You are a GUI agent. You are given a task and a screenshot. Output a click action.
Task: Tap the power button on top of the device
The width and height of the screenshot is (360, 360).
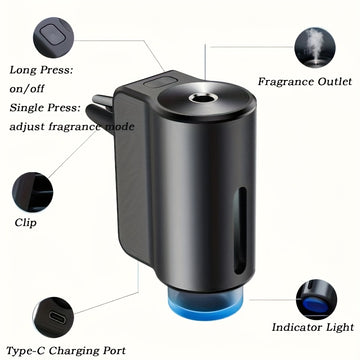pyautogui.click(x=160, y=82)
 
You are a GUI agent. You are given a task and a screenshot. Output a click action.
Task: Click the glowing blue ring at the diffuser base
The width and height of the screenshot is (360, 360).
pyautogui.click(x=206, y=307)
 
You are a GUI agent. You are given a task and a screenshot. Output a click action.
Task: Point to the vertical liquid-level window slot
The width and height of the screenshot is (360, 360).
pyautogui.click(x=240, y=231)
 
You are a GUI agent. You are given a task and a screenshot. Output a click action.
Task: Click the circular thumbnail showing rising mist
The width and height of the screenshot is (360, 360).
pyautogui.click(x=315, y=48)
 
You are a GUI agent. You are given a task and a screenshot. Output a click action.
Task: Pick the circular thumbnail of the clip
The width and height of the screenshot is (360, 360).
pyautogui.click(x=33, y=192)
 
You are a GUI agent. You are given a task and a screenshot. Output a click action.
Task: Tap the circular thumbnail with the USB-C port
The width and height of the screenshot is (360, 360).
pyautogui.click(x=53, y=317)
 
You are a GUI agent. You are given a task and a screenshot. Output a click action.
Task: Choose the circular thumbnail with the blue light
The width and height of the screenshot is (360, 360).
pyautogui.click(x=316, y=300)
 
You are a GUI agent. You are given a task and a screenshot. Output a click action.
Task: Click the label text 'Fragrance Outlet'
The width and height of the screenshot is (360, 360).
pyautogui.click(x=305, y=82)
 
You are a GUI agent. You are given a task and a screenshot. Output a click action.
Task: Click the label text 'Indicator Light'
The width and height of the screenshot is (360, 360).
pyautogui.click(x=313, y=327)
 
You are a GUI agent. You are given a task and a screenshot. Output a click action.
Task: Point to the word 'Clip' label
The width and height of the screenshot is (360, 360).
pyautogui.click(x=25, y=223)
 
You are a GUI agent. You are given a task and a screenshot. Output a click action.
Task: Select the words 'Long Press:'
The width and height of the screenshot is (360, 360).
pyautogui.click(x=41, y=71)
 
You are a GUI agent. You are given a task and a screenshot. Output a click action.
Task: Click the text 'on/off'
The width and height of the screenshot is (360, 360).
pyautogui.click(x=27, y=89)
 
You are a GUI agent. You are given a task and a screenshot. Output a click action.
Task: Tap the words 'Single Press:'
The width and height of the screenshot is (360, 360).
pyautogui.click(x=45, y=108)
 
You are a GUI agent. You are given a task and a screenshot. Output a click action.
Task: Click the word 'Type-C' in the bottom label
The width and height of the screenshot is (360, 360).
pyautogui.click(x=26, y=351)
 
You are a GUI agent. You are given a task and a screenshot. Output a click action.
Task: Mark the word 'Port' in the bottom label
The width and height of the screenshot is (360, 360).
pyautogui.click(x=114, y=351)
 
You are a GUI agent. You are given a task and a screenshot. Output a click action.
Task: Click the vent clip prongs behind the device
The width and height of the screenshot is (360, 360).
pyautogui.click(x=102, y=112)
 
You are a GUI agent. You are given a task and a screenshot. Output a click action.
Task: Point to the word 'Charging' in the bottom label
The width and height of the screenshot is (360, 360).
pyautogui.click(x=73, y=351)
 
